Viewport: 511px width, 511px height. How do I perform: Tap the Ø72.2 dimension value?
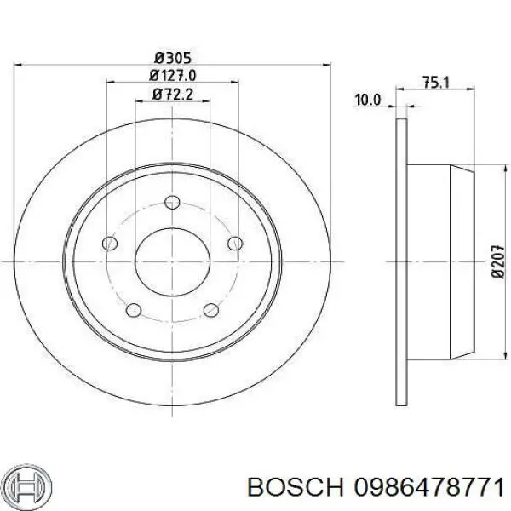171,95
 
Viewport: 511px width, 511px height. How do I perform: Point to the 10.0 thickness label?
367,100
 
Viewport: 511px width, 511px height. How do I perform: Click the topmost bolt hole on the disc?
172,202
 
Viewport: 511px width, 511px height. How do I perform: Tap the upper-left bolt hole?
109,244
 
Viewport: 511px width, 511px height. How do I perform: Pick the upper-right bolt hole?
235,245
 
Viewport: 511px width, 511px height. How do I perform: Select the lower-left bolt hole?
133,311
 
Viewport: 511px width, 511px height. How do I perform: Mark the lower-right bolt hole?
210,311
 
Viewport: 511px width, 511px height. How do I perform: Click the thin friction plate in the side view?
402,260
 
